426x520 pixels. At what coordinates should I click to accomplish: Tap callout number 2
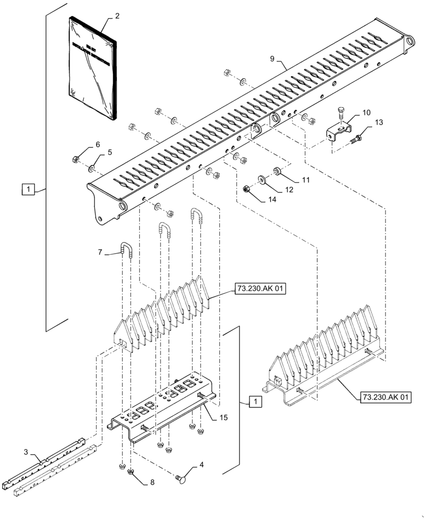point(117,16)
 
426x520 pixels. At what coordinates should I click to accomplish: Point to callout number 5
point(110,153)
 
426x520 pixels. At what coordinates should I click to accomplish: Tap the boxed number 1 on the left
point(28,189)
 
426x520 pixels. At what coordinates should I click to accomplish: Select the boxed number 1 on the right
point(255,401)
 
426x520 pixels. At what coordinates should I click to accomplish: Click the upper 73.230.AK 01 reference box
point(260,289)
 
